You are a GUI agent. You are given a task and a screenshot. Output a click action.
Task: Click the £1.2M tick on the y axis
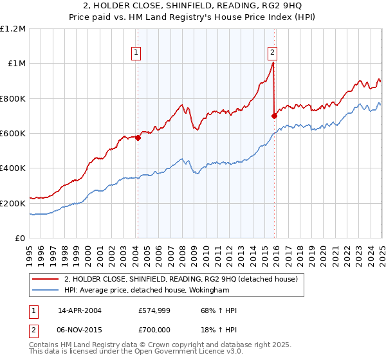[13, 29]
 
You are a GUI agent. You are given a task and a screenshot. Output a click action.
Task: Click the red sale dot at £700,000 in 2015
[275, 116]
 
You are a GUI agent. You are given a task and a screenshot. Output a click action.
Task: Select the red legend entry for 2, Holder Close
[180, 280]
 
